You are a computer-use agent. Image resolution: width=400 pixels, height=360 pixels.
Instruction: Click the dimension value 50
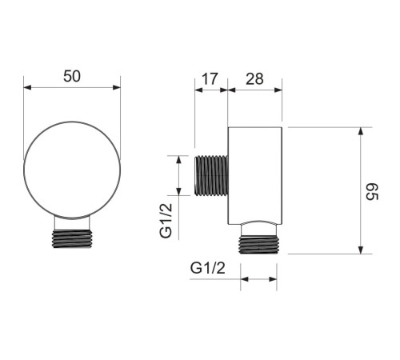tap(72, 76)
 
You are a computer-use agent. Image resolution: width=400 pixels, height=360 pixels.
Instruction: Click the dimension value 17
tap(210, 79)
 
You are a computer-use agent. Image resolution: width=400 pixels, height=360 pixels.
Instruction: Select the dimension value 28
tap(254, 79)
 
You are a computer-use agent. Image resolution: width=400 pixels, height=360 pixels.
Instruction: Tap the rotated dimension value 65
tap(372, 191)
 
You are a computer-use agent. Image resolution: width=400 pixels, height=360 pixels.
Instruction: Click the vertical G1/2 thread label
tap(166, 221)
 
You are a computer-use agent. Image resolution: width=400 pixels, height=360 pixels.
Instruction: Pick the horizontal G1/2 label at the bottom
tap(208, 268)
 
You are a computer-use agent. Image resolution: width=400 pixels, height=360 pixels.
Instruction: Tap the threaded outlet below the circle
tap(72, 238)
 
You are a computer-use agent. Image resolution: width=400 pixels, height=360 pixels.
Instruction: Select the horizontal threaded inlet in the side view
tap(211, 176)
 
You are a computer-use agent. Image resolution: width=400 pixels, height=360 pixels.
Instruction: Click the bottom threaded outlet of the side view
tap(258, 245)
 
